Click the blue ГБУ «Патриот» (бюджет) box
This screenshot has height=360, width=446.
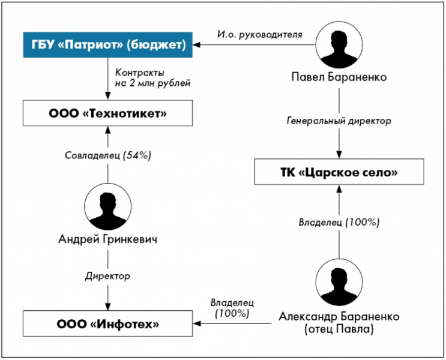[x=108, y=45]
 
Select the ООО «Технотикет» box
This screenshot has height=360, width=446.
[x=108, y=112]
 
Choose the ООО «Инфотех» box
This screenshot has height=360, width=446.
[x=108, y=324]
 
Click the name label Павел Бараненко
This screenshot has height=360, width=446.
[x=340, y=78]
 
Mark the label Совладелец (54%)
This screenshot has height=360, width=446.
[x=108, y=155]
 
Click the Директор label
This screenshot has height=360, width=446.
[x=108, y=277]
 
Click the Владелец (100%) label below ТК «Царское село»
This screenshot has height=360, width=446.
[x=340, y=222]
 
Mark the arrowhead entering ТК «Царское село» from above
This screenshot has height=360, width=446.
[x=340, y=155]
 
